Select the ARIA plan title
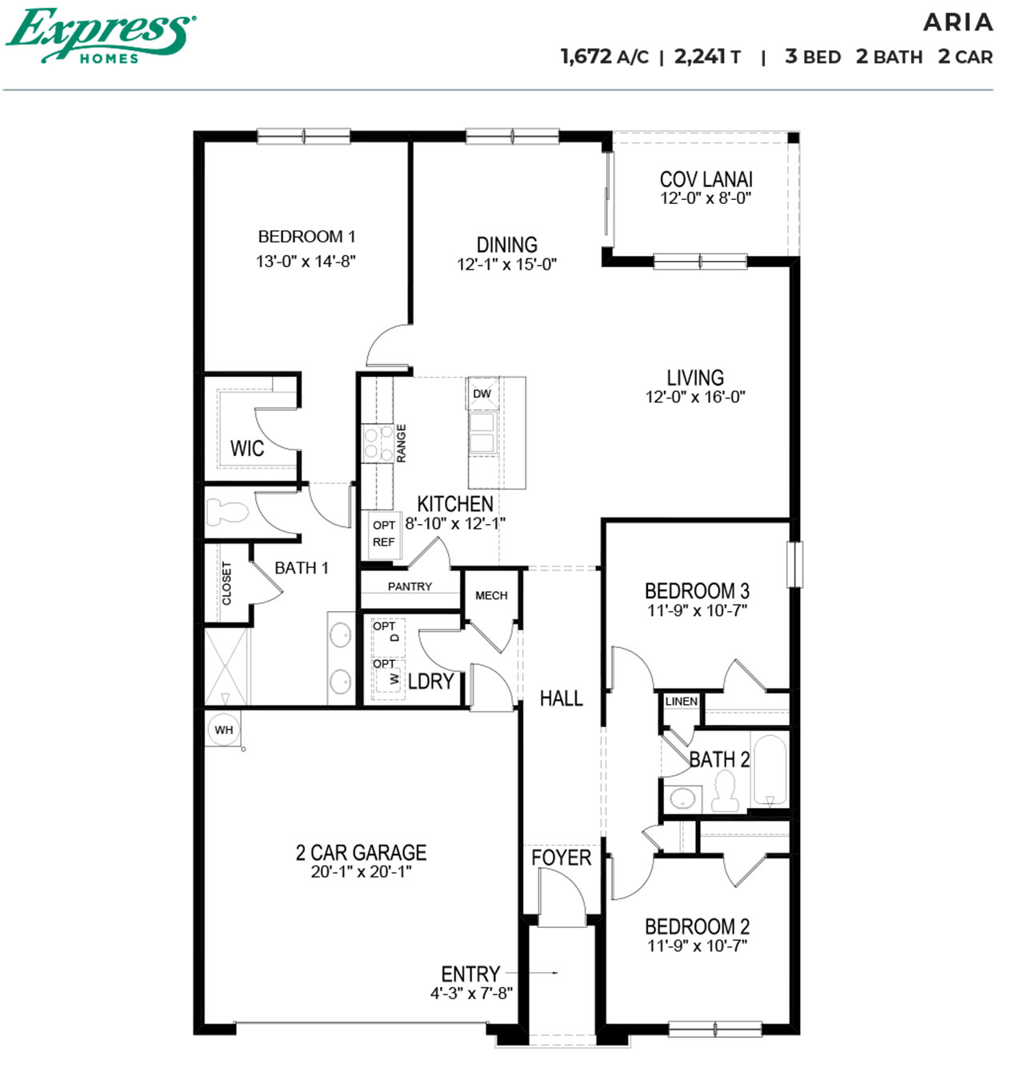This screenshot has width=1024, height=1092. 958,22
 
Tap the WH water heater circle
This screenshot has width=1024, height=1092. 224,730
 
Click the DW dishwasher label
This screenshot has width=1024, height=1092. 482,394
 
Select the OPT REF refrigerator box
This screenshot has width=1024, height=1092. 383,534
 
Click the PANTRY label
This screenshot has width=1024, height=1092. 410,586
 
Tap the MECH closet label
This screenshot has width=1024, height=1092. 491,595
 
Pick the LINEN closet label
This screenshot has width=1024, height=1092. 681,701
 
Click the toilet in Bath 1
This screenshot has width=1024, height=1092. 229,511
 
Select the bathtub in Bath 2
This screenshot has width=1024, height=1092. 770,770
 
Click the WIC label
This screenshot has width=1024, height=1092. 247,449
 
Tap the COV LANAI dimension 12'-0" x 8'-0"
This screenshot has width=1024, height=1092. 706,198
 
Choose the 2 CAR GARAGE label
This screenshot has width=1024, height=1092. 361,853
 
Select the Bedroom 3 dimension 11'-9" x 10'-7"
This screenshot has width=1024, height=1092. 697,610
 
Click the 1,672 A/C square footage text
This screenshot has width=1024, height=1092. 604,57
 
